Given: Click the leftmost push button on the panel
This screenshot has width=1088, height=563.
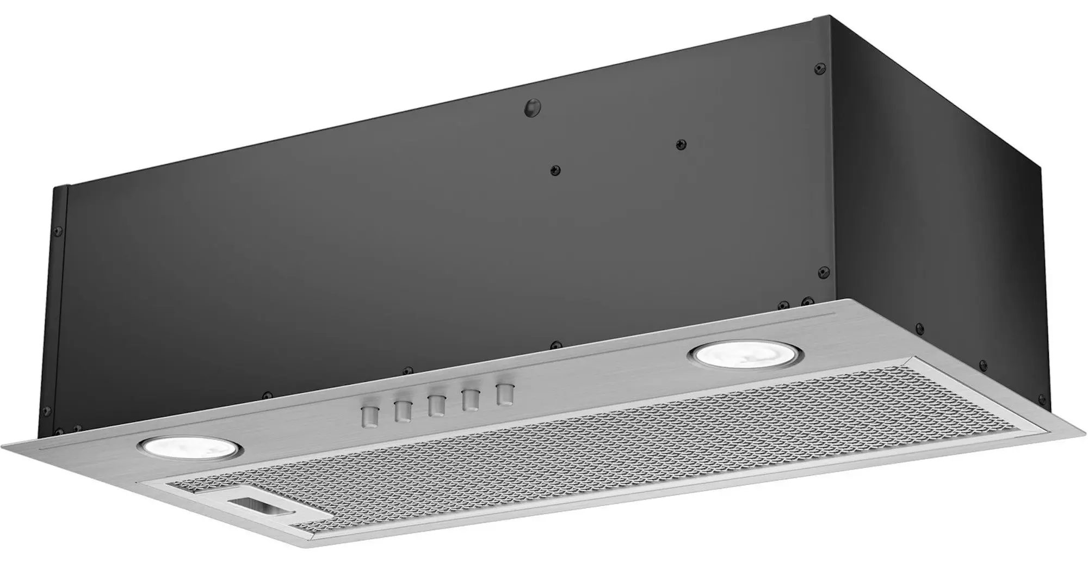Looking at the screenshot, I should point(369,416).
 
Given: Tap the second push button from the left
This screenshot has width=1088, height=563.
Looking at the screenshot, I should point(403,411).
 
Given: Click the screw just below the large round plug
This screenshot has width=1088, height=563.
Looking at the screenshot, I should point(554,170).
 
